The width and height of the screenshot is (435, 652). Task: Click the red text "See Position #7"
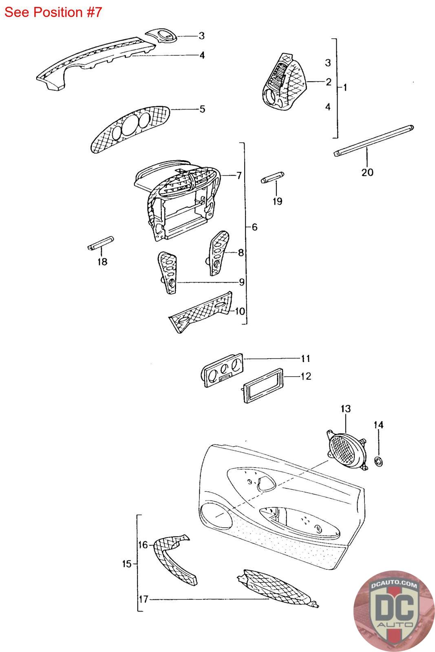[x=53, y=12]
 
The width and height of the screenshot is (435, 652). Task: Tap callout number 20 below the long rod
[x=367, y=172]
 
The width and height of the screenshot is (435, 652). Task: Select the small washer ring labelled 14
[x=379, y=462]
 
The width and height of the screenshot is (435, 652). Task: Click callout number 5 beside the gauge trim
[x=202, y=109]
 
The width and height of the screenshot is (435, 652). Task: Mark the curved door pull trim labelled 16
[x=173, y=559]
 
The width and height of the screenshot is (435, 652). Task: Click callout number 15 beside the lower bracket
[x=127, y=564]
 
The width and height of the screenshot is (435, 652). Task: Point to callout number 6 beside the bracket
[x=254, y=227]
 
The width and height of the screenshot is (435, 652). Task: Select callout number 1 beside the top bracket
[x=345, y=87]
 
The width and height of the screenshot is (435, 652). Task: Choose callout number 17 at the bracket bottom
[x=143, y=599]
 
